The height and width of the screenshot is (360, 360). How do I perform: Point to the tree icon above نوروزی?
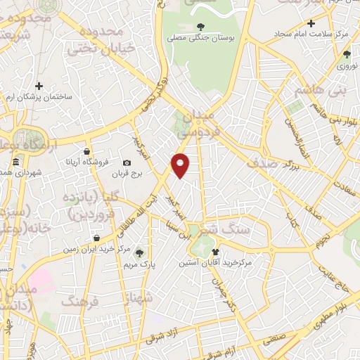347,53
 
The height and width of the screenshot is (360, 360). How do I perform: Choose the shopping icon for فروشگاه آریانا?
86,151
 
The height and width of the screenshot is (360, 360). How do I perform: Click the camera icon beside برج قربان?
127,162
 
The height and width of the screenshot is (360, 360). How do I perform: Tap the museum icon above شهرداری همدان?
15,163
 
